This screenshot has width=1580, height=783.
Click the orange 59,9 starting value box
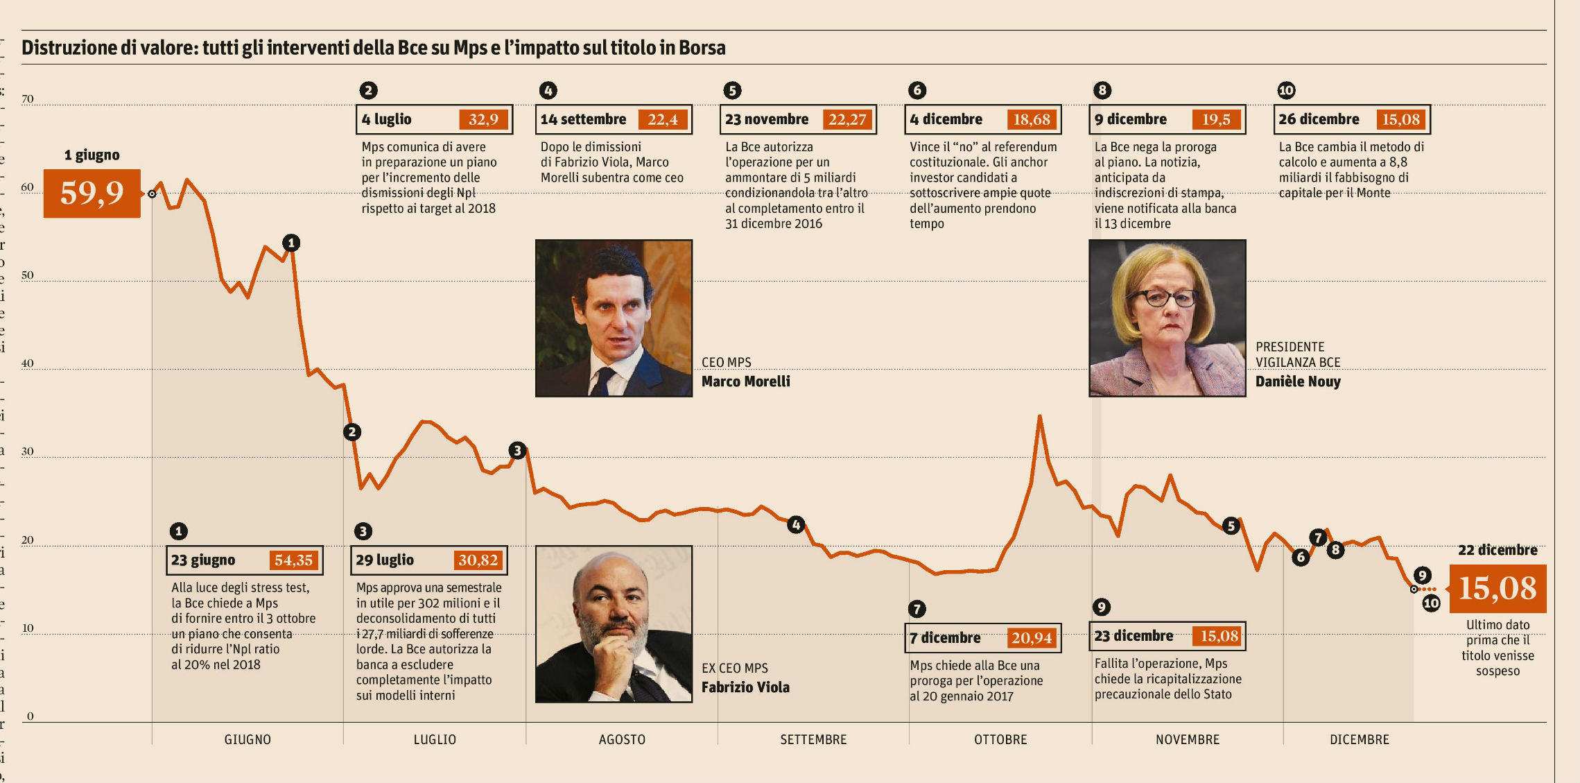(92, 193)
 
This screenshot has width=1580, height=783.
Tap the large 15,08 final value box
(1497, 589)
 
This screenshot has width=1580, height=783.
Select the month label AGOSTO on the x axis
(622, 739)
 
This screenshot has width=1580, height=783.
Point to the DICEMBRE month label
(1359, 739)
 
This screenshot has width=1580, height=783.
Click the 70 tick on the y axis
(28, 99)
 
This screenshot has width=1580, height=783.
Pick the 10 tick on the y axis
(28, 628)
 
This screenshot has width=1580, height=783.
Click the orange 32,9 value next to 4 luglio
(483, 119)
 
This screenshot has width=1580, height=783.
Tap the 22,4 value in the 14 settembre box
(662, 119)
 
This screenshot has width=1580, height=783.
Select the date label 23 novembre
(767, 119)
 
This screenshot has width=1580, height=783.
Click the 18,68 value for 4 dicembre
(1032, 119)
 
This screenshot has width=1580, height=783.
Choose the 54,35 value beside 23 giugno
(293, 560)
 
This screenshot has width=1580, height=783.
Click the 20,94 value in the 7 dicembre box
(1031, 638)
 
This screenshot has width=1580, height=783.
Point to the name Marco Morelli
(745, 381)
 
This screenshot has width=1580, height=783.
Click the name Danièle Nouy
(1298, 381)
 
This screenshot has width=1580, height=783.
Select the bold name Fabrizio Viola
(745, 687)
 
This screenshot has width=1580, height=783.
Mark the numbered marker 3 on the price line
(517, 451)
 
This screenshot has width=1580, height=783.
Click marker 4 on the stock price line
(796, 525)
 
